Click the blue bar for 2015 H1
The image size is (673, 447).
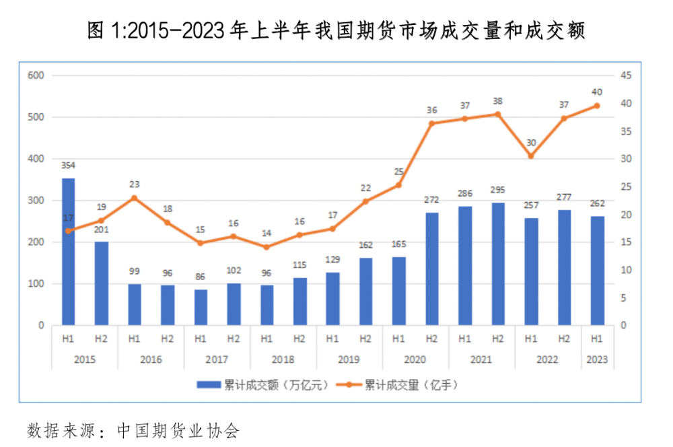68,252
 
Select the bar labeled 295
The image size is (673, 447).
498,264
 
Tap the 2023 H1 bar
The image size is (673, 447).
597,271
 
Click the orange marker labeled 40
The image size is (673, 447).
597,106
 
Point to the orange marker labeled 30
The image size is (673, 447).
531,156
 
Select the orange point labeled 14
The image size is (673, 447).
267,247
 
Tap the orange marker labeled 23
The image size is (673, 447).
134,198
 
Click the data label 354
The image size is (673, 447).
68,165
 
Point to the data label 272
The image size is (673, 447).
432,200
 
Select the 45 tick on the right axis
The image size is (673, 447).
625,75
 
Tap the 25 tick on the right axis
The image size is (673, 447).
625,186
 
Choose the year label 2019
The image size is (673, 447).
349,359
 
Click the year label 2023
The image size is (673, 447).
597,359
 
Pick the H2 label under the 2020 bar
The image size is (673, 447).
432,339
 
